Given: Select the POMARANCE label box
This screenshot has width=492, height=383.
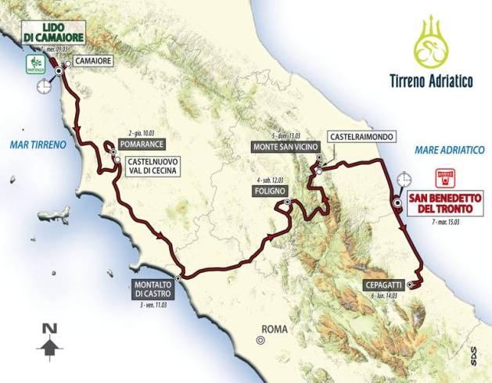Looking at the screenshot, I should [142, 146].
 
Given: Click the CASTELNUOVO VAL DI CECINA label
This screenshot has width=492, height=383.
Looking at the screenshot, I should [153, 166].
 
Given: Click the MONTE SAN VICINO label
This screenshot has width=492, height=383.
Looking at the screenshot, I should [281, 146].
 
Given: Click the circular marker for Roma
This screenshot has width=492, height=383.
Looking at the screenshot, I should [259, 339].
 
